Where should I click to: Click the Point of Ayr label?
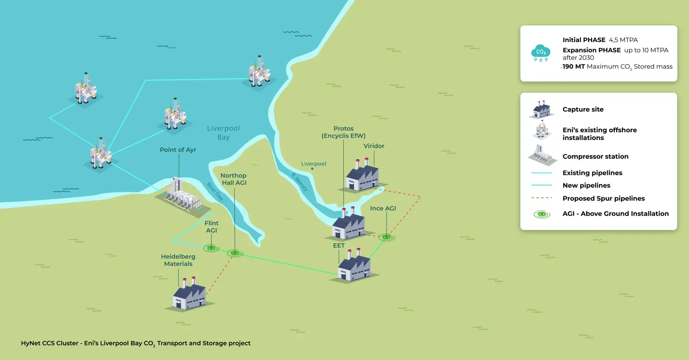(178, 150)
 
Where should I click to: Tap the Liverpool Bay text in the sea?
(223, 133)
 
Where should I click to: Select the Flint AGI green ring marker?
(211, 248)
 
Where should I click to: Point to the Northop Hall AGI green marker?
(235, 253)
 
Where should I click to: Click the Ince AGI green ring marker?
(386, 237)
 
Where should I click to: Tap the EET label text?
(339, 246)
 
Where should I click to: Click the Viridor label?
(374, 146)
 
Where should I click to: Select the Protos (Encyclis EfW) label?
(344, 132)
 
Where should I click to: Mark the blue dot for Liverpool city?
(312, 168)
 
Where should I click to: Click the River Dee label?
(215, 192)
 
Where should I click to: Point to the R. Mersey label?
(299, 182)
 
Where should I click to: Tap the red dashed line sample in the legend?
(542, 198)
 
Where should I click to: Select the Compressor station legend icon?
(542, 155)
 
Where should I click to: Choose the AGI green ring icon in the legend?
(542, 214)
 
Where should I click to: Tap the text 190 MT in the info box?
(574, 67)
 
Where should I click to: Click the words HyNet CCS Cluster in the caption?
(50, 343)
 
